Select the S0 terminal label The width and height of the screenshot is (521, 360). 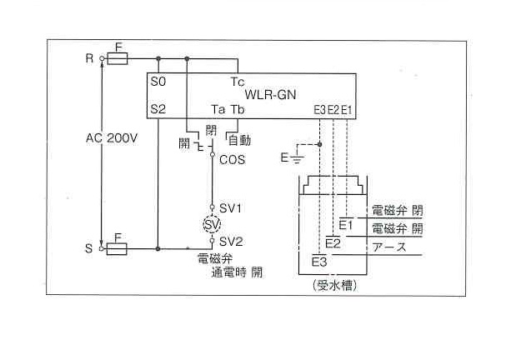point(158,82)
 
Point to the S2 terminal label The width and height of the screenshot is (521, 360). point(158,109)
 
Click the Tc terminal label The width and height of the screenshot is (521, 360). point(238,82)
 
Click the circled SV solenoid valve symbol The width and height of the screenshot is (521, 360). point(213,224)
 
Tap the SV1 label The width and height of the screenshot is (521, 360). point(230,207)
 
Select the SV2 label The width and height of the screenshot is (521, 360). point(230,241)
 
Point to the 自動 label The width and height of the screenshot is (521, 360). point(240,141)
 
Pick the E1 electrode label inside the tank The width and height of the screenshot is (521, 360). point(347,225)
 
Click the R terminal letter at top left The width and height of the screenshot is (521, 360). point(88,58)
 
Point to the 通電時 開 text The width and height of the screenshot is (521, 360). point(237,272)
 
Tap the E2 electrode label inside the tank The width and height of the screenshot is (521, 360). point(333,243)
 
